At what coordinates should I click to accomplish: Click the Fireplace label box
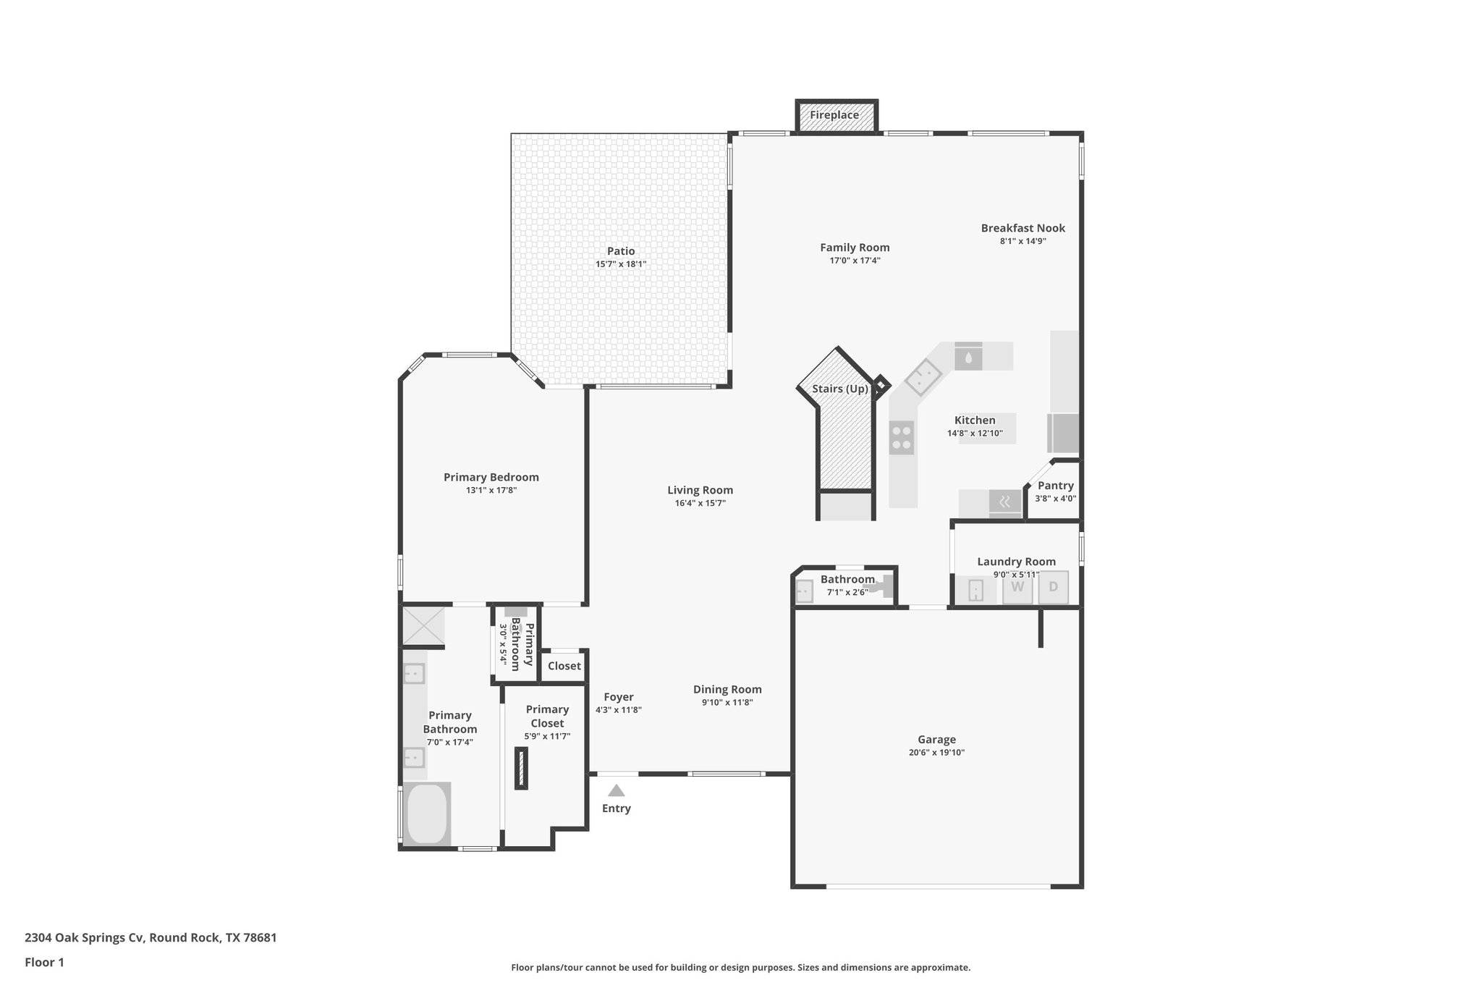coord(836,116)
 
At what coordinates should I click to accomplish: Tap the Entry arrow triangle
coord(616,790)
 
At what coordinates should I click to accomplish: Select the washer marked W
coord(1017,587)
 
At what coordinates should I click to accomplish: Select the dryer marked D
coord(1053,587)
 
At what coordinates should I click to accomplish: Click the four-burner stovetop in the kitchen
coord(902,437)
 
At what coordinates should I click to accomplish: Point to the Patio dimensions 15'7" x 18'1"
coord(620,265)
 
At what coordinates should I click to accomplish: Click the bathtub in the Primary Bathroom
coord(427,813)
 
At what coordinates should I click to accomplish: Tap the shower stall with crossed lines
coord(423,625)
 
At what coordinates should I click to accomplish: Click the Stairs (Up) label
coord(839,389)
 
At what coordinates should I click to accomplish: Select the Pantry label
coord(1055,486)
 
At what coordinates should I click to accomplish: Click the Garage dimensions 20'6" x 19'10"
coord(936,753)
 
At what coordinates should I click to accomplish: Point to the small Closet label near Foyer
coord(564,666)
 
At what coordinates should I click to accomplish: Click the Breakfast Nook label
coord(1022,228)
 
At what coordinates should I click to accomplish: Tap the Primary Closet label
coord(547,716)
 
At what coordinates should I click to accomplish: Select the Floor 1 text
coord(44,962)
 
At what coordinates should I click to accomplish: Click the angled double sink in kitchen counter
coord(922,377)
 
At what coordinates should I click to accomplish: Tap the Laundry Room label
coord(1016,562)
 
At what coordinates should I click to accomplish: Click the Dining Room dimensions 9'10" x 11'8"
coord(727,702)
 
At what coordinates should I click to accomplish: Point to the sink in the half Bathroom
coord(804,592)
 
